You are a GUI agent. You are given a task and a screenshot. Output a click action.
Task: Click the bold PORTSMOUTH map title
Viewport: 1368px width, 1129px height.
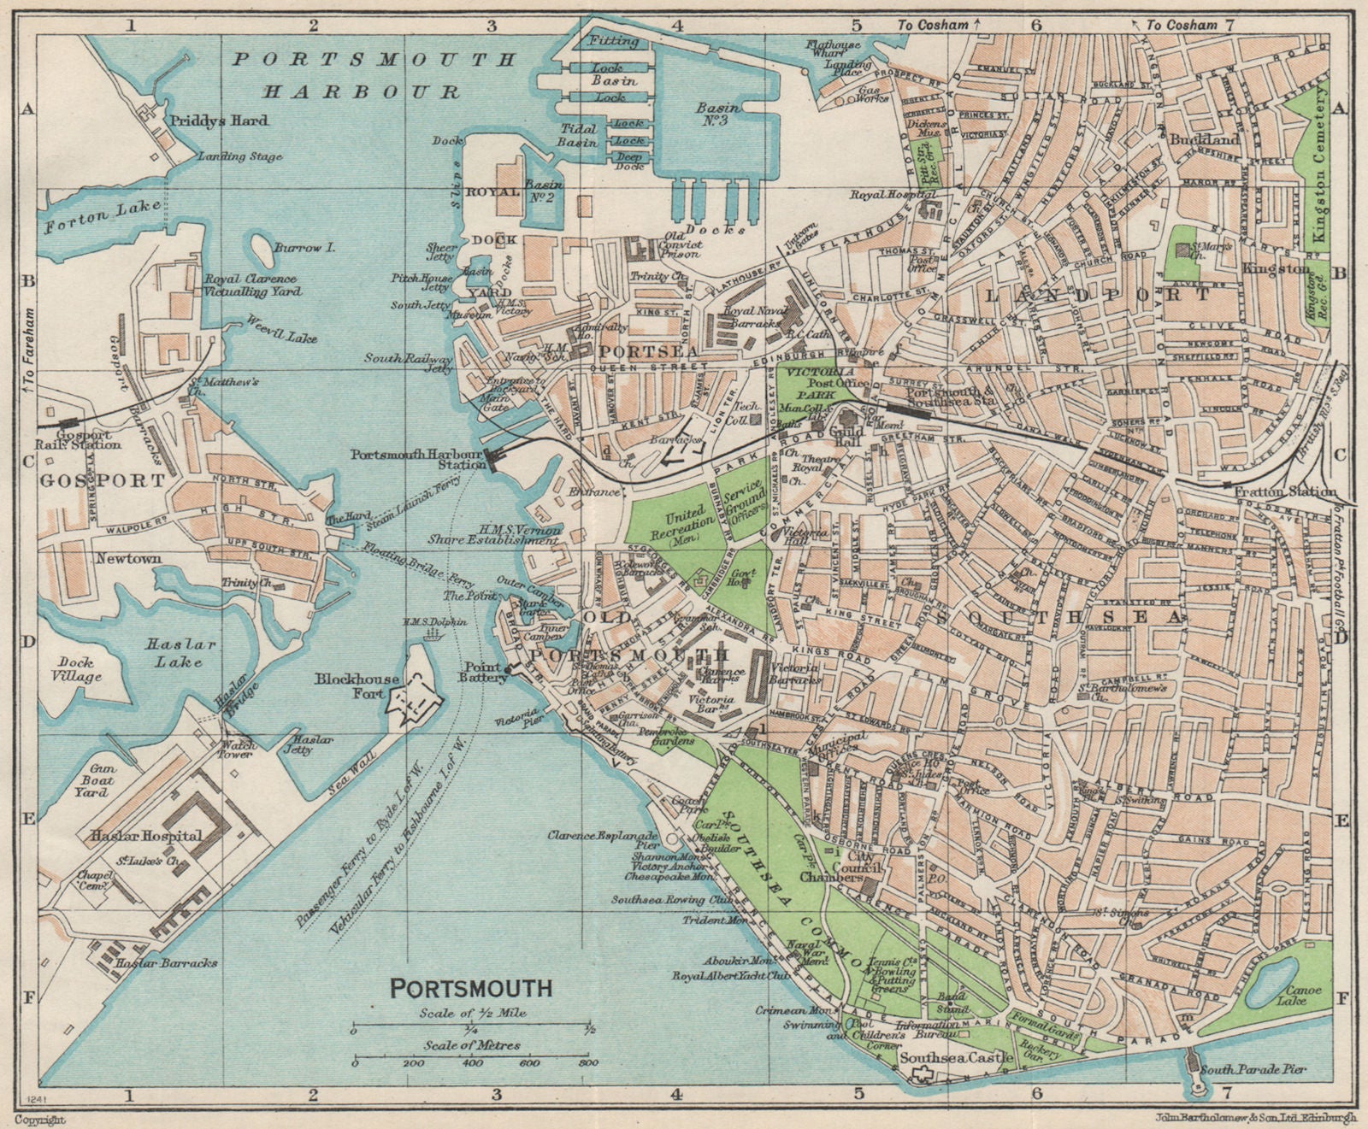[x=471, y=988]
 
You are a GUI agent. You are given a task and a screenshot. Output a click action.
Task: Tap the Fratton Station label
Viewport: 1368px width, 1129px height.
[x=1286, y=491]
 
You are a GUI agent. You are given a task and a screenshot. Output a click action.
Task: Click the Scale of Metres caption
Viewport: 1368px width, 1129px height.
[x=471, y=1045]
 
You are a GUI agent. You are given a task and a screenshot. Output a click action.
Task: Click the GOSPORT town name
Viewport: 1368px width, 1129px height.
[x=101, y=481]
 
